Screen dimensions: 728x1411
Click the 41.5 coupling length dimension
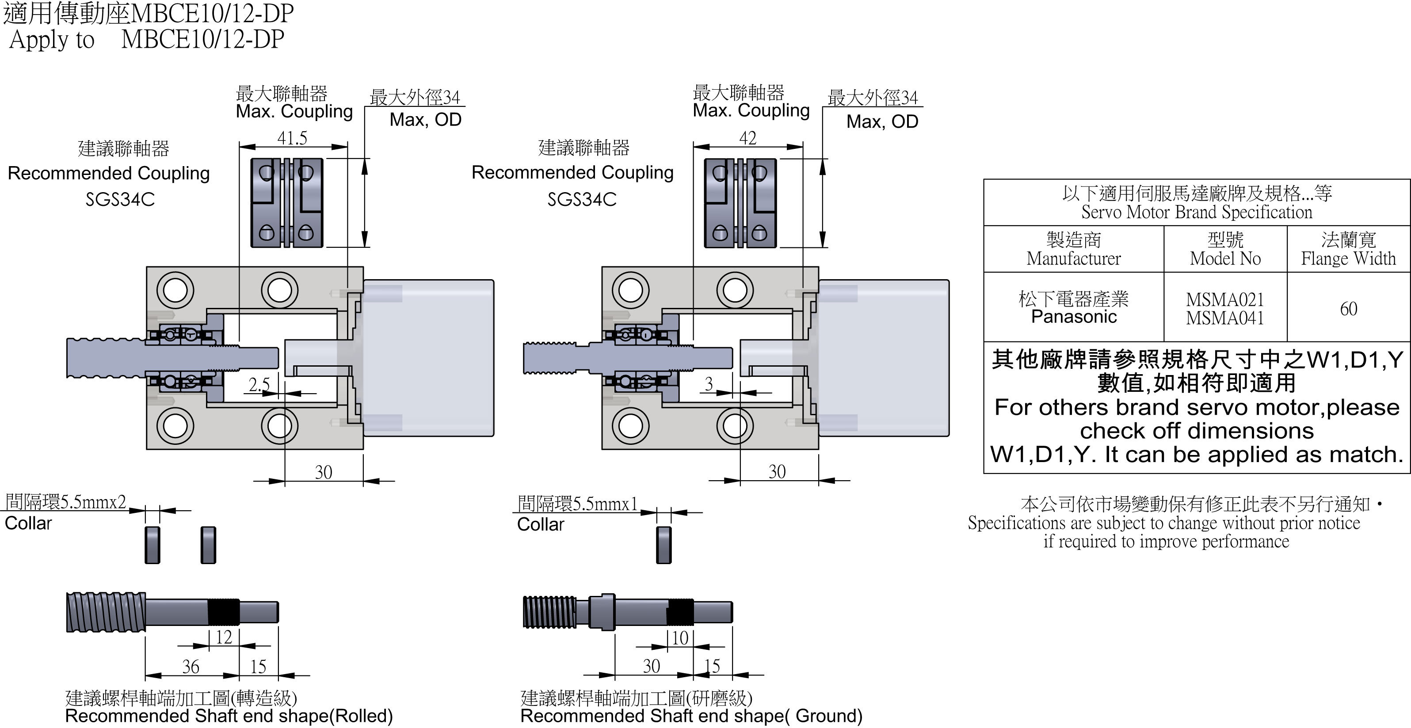[x=292, y=138]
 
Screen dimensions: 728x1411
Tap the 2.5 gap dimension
[x=259, y=384]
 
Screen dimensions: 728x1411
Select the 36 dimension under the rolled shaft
[x=191, y=666]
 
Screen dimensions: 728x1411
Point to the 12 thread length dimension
[x=224, y=637]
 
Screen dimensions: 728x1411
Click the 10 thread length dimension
[x=680, y=638]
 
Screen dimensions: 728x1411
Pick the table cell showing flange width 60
[x=1348, y=309]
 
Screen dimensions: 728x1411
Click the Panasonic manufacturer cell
[x=1074, y=316]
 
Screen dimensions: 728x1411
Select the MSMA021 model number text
[x=1225, y=300]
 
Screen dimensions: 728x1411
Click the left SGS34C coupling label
[x=120, y=199]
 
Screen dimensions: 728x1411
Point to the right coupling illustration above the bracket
[x=740, y=203]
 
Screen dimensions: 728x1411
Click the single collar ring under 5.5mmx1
[x=664, y=545]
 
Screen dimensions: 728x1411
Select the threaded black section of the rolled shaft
[x=224, y=612]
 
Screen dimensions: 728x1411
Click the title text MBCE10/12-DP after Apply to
[x=202, y=39]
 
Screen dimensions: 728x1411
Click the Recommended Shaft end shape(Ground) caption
[x=691, y=716]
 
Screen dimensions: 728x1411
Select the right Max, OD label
[x=882, y=121]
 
